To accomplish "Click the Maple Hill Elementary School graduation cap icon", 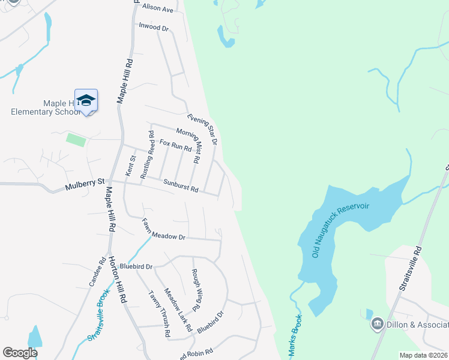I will click(x=86, y=101).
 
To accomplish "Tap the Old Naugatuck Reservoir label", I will click(x=340, y=230).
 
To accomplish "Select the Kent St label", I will click(x=130, y=165).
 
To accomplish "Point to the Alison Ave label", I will click(x=158, y=9).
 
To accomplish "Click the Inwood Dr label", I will click(x=154, y=27).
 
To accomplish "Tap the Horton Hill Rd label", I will click(x=116, y=280).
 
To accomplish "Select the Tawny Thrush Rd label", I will click(x=159, y=315).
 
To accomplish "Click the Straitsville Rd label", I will click(x=411, y=268).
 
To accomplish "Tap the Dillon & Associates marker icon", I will click(x=378, y=325).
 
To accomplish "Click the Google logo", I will click(x=20, y=353).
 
